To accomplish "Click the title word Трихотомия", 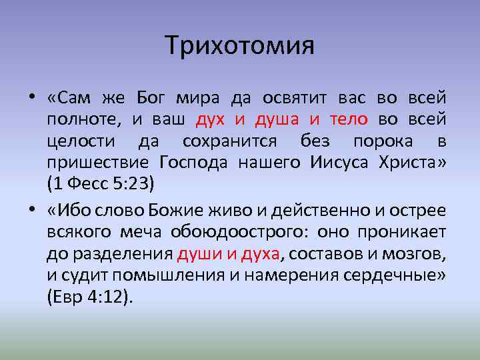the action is (239, 45).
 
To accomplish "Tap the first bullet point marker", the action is (32, 97).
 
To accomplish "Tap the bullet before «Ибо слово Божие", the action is (32, 210).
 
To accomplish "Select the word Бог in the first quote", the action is (151, 98).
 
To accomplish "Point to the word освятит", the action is (295, 99).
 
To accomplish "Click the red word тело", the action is (349, 119).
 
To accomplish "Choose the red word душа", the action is (277, 120).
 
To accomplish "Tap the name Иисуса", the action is (339, 163).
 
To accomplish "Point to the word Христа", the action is (407, 163).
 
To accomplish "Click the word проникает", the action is (401, 233).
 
